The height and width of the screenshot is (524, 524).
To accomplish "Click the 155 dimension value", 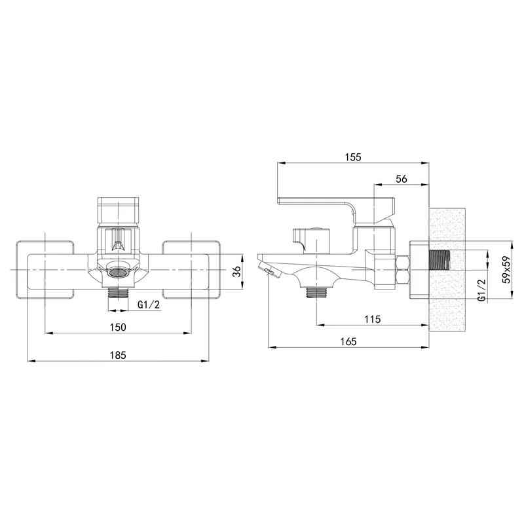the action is pyautogui.click(x=353, y=157).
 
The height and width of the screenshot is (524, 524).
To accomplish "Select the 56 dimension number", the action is pyautogui.click(x=402, y=179).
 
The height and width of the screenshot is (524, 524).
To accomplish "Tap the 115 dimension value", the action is pyautogui.click(x=372, y=319).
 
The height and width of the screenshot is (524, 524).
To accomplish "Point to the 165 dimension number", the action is pyautogui.click(x=348, y=341).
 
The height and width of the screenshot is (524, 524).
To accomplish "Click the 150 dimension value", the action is pyautogui.click(x=118, y=327).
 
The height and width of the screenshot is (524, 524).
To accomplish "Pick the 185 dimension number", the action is pyautogui.click(x=118, y=355).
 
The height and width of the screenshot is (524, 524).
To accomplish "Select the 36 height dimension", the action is pyautogui.click(x=236, y=272).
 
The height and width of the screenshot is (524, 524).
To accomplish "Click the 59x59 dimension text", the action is pyautogui.click(x=506, y=269).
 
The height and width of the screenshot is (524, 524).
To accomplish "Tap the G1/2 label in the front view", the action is pyautogui.click(x=149, y=305).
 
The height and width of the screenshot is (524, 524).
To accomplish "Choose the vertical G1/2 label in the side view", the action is pyautogui.click(x=481, y=290).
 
